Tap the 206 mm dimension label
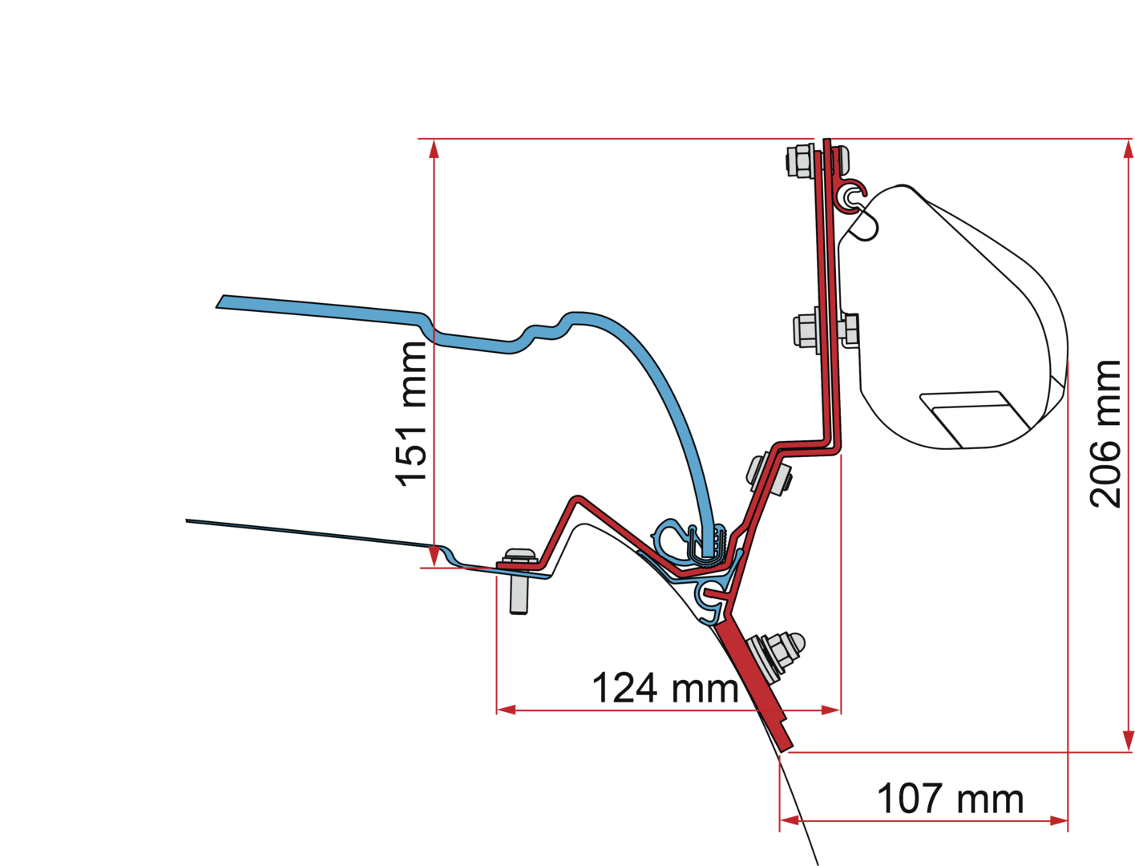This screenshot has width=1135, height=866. [1105, 434]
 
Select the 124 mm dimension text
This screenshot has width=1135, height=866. [665, 688]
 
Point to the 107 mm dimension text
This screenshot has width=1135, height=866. [951, 799]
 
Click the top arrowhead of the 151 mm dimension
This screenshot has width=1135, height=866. [434, 148]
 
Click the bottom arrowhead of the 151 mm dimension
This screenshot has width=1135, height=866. [434, 556]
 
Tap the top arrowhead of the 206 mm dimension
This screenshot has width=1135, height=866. [1129, 148]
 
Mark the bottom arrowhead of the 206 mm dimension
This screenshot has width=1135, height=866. [1129, 741]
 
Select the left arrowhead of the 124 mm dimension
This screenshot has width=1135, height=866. [507, 710]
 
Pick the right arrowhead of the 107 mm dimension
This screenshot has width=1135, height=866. [1059, 820]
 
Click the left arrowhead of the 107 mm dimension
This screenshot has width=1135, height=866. [790, 820]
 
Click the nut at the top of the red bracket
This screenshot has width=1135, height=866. [799, 161]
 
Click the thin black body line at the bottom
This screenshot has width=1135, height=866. [798, 808]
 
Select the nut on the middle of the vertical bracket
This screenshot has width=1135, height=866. [806, 330]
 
